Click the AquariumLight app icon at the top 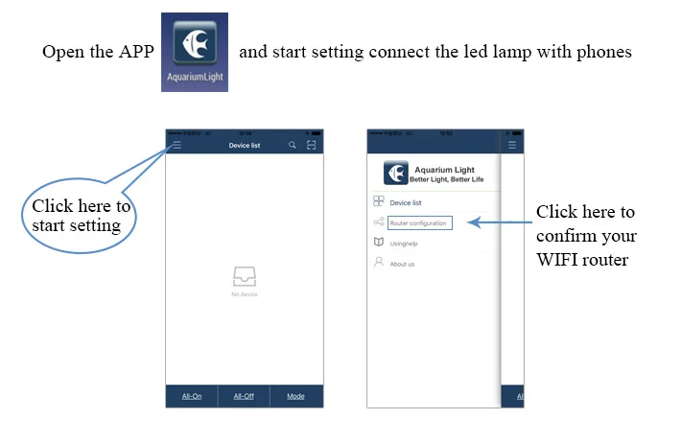pyautogui.click(x=195, y=51)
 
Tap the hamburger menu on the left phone pyautogui.click(x=176, y=145)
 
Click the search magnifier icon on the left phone pyautogui.click(x=293, y=146)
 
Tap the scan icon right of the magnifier pyautogui.click(x=311, y=146)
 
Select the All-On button pyautogui.click(x=192, y=396)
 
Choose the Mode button pyautogui.click(x=295, y=396)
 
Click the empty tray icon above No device pyautogui.click(x=244, y=277)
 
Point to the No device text pyautogui.click(x=244, y=294)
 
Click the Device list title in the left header pyautogui.click(x=244, y=146)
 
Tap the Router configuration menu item pyautogui.click(x=417, y=223)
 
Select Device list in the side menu pyautogui.click(x=405, y=203)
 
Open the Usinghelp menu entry pyautogui.click(x=404, y=244)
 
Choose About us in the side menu pyautogui.click(x=402, y=264)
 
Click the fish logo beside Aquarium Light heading pyautogui.click(x=395, y=173)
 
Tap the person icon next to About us pyautogui.click(x=378, y=263)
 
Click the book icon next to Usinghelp pyautogui.click(x=378, y=243)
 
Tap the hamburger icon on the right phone pyautogui.click(x=511, y=145)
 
